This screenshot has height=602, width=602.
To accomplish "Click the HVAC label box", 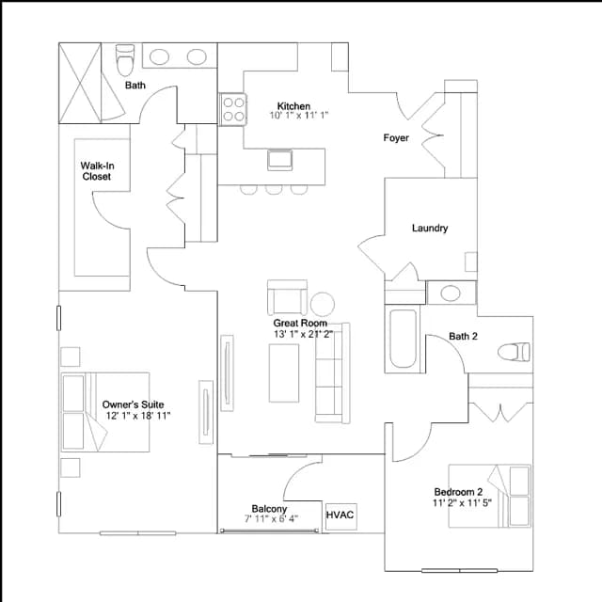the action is click(x=341, y=516).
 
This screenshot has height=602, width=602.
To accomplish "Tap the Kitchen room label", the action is click(x=293, y=106).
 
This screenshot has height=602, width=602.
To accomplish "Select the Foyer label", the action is click(x=396, y=138).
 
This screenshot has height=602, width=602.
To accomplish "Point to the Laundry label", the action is click(x=430, y=228).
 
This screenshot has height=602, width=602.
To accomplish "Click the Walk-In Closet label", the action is click(x=97, y=171).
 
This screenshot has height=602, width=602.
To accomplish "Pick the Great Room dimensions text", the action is click(x=303, y=334).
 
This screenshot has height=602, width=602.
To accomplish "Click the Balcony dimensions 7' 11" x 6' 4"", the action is click(x=271, y=519).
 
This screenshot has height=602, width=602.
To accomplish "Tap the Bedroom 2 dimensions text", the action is click(x=462, y=502).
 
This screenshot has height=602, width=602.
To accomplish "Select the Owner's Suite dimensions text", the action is click(x=138, y=416).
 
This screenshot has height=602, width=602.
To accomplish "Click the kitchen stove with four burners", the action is click(x=233, y=109).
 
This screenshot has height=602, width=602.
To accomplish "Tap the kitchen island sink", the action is click(x=280, y=160).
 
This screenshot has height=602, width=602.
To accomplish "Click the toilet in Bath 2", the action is click(x=514, y=352).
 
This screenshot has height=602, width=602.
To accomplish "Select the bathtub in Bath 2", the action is click(x=403, y=339).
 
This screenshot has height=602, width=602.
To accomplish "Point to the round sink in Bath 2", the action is click(x=451, y=293).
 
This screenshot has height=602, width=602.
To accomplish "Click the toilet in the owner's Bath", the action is click(x=125, y=60).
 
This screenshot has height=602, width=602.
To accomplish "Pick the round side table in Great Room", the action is click(x=323, y=304).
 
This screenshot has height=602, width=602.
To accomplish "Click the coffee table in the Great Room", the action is click(x=284, y=372).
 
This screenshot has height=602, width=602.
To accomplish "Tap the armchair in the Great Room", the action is click(x=287, y=297).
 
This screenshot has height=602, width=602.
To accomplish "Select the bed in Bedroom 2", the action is click(x=490, y=496).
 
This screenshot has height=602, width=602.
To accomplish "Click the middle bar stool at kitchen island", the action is click(x=274, y=190).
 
